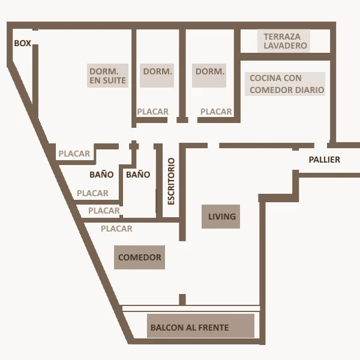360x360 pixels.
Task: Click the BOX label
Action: click(x=22, y=43)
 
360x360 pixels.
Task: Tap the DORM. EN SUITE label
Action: click(x=108, y=75)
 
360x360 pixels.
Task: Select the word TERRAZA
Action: click(x=282, y=37)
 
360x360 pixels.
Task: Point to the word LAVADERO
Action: click(x=286, y=46)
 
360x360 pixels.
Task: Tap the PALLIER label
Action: click(x=324, y=160)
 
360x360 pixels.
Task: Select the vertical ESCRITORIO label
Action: click(x=171, y=181)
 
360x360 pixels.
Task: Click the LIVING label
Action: click(x=222, y=217)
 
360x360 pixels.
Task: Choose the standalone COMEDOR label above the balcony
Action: click(x=140, y=257)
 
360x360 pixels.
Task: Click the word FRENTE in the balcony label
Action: click(x=212, y=328)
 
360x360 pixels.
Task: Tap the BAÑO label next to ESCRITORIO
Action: click(x=138, y=175)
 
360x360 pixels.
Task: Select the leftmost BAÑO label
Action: click(x=101, y=175)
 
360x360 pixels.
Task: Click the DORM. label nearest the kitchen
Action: click(x=210, y=71)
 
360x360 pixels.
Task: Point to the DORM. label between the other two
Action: click(x=157, y=71)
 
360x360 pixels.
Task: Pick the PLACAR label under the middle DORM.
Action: click(x=152, y=112)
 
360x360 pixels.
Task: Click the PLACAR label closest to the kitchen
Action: click(x=216, y=112)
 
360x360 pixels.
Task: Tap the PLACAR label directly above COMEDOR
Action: click(x=116, y=229)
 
